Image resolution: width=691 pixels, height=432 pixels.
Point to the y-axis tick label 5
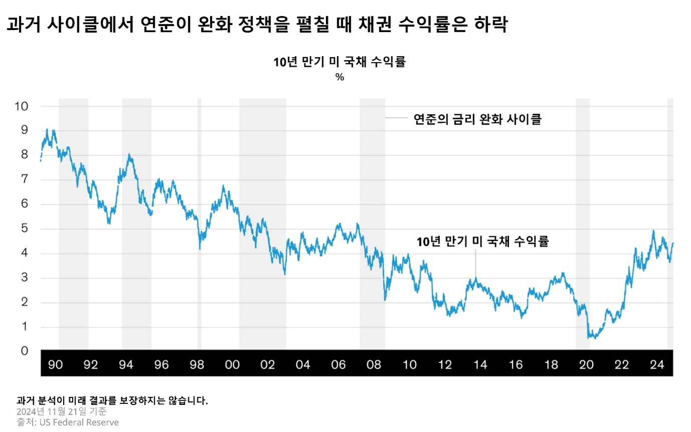[x=23, y=229]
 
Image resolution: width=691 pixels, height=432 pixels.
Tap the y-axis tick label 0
[x=23, y=351]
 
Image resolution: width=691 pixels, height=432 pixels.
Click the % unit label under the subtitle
[x=340, y=78]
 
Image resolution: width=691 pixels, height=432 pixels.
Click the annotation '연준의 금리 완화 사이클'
[x=477, y=119]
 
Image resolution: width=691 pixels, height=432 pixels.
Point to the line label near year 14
[x=483, y=242]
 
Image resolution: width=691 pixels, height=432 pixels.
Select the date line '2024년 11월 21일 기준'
[x=61, y=411]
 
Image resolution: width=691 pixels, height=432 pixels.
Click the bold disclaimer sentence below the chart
[x=112, y=400]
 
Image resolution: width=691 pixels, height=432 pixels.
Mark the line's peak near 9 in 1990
[x=47, y=130]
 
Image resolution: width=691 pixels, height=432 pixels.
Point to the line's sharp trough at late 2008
[x=385, y=299]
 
